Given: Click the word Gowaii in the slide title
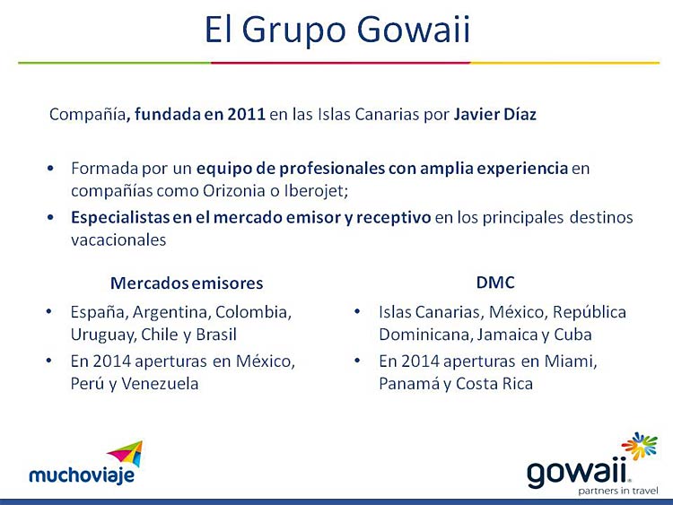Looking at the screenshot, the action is tap(414, 30).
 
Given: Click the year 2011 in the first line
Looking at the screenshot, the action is tap(247, 114).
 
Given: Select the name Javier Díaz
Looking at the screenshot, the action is tap(494, 114).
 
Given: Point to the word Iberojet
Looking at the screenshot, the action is tap(316, 191).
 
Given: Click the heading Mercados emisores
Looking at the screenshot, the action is tap(187, 283).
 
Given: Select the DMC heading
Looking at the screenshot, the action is tap(495, 283).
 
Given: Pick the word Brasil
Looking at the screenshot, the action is tap(216, 335).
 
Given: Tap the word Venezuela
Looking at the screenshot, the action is tap(160, 384).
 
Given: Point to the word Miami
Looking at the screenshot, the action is tap(571, 361).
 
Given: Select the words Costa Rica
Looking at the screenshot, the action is tap(494, 384).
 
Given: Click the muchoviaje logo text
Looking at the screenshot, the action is tap(82, 475).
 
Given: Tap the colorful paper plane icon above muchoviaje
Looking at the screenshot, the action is tap(125, 454).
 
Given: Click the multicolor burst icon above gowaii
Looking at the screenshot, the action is tap(639, 446).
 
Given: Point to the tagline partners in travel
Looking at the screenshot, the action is tap(618, 490).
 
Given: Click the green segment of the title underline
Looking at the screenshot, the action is tap(114, 63).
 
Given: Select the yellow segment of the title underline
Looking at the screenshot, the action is tap(564, 63).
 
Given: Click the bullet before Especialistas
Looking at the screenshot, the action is tap(50, 217).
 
